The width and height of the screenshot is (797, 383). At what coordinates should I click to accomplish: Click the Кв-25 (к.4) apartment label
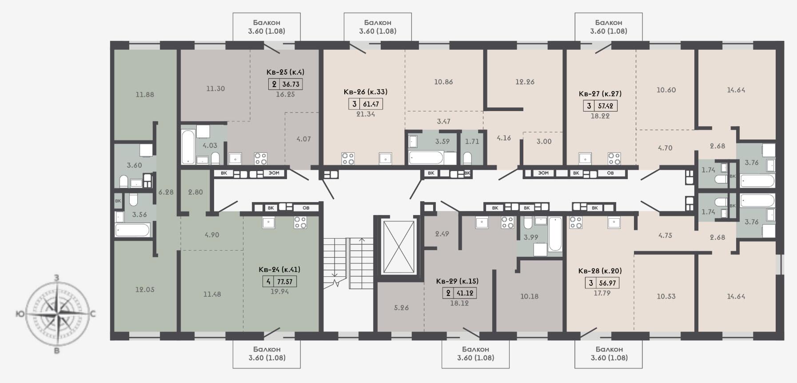[285, 72]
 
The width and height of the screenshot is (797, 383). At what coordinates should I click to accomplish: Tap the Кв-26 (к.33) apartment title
[366, 92]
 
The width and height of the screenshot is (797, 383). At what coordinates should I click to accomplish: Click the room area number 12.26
[525, 82]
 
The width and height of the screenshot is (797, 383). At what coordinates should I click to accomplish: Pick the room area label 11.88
[145, 94]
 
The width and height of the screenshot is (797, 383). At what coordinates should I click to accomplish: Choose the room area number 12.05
[145, 289]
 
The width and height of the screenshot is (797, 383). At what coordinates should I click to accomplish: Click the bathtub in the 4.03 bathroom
[188, 146]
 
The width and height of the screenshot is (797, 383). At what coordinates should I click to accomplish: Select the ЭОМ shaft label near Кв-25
[274, 173]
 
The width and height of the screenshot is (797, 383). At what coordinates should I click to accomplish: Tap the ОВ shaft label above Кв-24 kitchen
[306, 207]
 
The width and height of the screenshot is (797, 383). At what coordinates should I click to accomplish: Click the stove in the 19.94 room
[300, 222]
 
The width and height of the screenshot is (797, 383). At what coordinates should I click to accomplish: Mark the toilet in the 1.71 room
[467, 158]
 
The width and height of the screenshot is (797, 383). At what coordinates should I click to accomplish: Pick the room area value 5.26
[401, 307]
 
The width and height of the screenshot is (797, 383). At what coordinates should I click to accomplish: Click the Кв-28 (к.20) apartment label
[600, 271]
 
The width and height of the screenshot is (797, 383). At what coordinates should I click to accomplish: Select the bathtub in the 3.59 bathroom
[426, 158]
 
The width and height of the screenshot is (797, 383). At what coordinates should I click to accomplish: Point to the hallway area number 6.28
[166, 192]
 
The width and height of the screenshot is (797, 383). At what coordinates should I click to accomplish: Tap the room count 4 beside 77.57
[268, 281]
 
